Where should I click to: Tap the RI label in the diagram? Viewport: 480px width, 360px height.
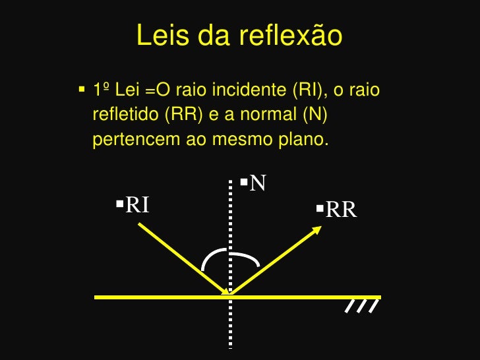137,205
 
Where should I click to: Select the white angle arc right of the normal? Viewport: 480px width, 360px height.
248,257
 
